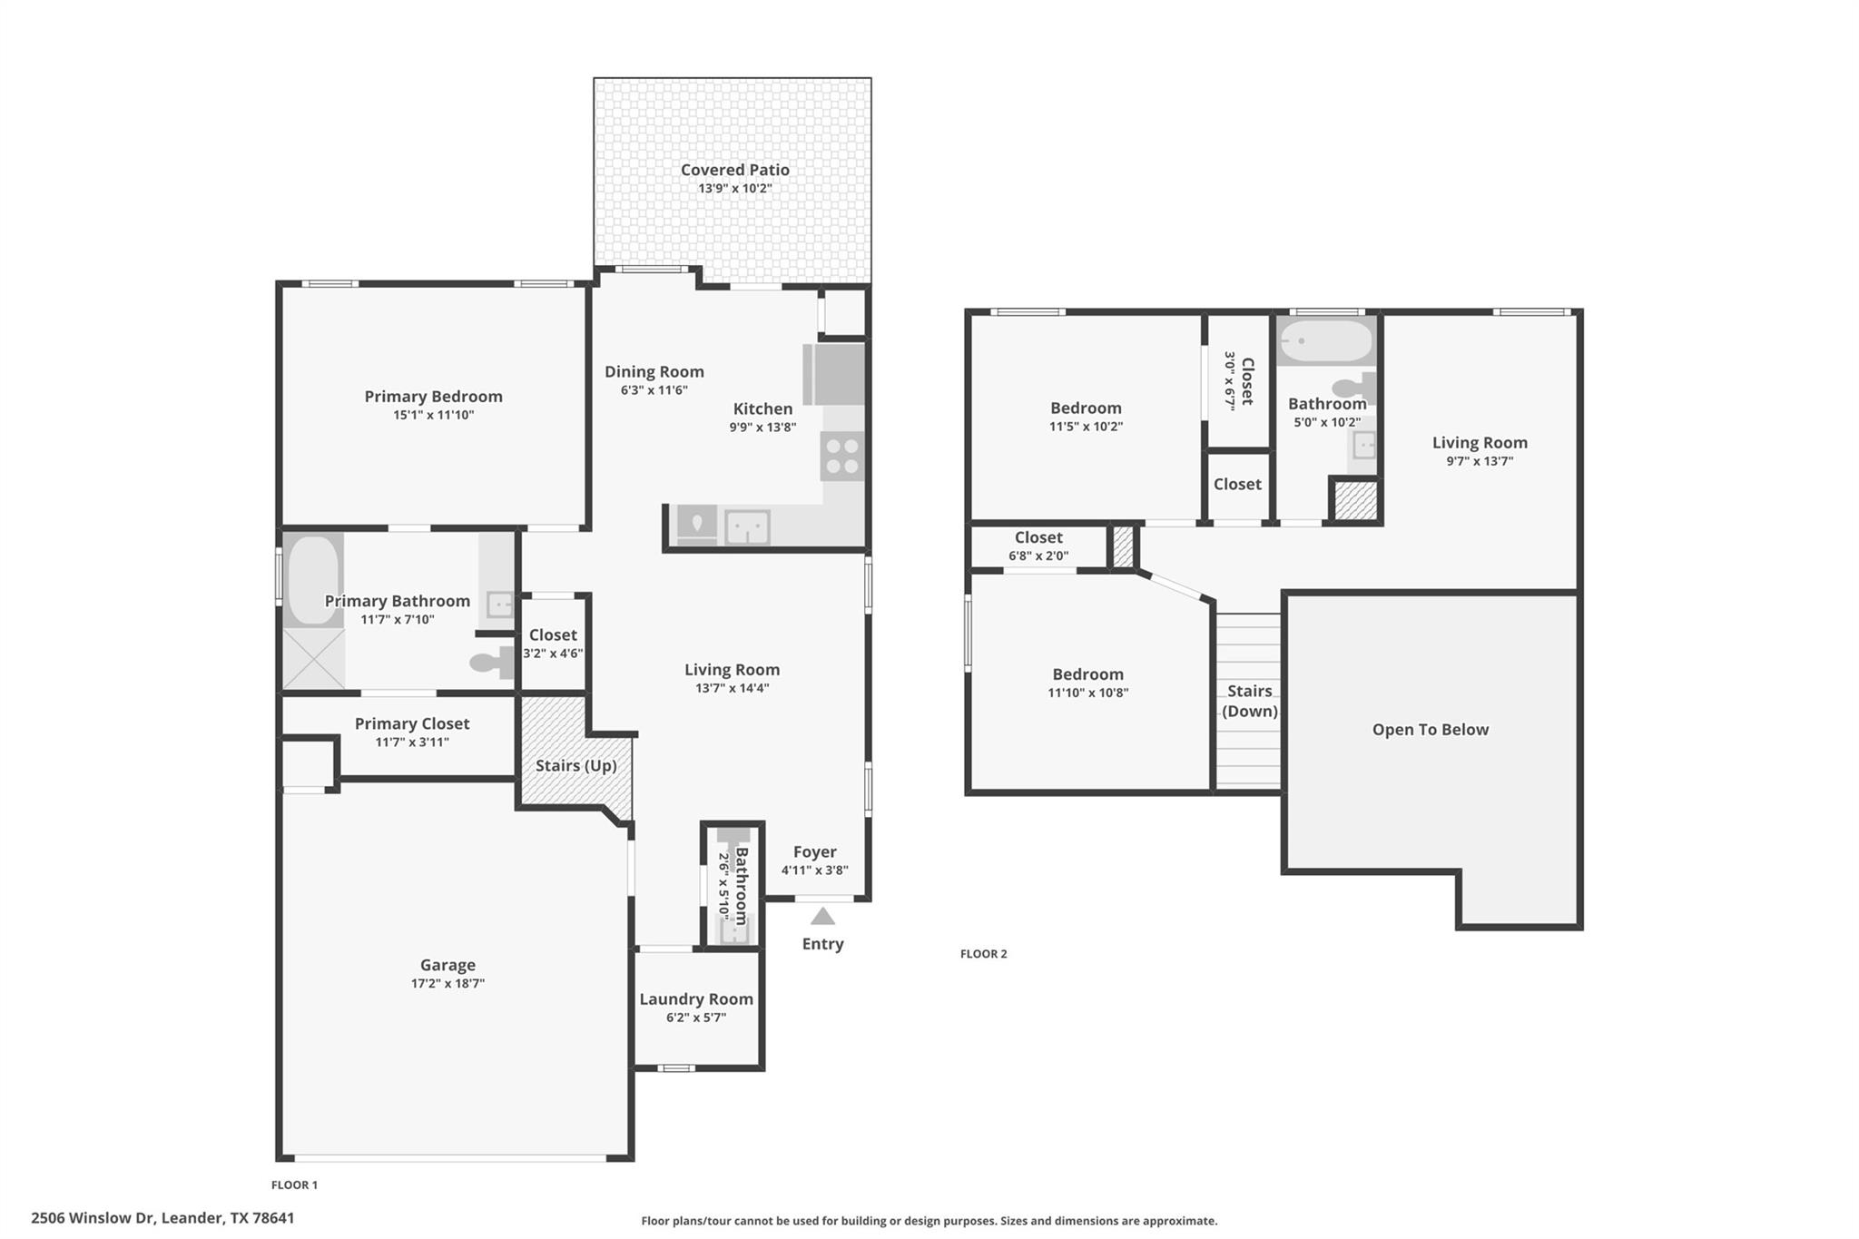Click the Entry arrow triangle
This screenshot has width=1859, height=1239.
tap(822, 916)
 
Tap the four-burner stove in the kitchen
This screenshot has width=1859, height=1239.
tap(841, 456)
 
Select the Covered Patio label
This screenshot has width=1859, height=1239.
tap(734, 170)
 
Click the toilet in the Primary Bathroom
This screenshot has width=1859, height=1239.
tap(491, 663)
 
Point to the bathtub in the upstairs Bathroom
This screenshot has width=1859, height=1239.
tap(1326, 341)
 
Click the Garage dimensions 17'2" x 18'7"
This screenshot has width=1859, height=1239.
tap(448, 983)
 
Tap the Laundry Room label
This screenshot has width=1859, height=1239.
tap(696, 998)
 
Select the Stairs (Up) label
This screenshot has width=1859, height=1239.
tap(575, 765)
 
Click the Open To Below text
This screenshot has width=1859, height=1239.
tap(1430, 729)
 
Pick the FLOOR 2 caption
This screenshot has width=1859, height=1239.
tap(983, 953)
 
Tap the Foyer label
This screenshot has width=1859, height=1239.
tap(814, 851)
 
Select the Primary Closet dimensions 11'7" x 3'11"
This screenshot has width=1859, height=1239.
tap(412, 742)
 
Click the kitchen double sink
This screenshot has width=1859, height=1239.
tap(747, 526)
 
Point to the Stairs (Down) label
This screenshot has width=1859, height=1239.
tap(1249, 701)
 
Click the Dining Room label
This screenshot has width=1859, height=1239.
tap(654, 371)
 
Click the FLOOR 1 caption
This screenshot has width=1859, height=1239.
tap(294, 1185)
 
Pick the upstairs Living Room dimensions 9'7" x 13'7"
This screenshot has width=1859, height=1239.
tap(1480, 461)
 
